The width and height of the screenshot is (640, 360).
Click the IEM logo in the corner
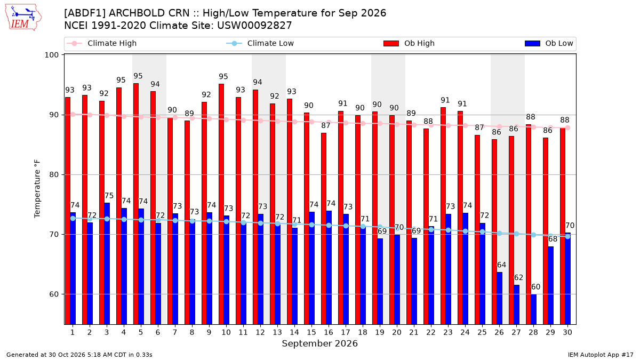point(23,18)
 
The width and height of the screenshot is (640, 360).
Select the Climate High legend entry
point(102,43)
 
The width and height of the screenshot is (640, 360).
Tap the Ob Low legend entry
point(549,43)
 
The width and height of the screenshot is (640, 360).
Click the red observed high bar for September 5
point(136,204)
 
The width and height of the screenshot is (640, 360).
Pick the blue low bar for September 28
point(533,309)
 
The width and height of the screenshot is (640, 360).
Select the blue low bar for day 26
point(499,298)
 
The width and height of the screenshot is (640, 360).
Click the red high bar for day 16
point(324,229)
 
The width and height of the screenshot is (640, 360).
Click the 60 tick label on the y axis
point(54,294)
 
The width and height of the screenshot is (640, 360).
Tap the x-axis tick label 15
point(311,332)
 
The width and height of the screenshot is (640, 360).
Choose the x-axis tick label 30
point(567,332)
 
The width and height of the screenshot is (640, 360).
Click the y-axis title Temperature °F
point(37,189)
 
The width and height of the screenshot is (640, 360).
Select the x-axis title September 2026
point(319,343)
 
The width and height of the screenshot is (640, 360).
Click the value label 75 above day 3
point(109,196)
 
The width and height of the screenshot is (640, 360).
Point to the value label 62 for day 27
point(518,277)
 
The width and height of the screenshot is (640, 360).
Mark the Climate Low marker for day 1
point(73,218)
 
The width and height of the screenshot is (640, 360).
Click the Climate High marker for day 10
point(226,119)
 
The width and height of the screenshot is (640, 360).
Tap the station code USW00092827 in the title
point(254,26)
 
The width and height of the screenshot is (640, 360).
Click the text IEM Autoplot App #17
point(601,355)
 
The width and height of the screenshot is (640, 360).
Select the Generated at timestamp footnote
point(79,355)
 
